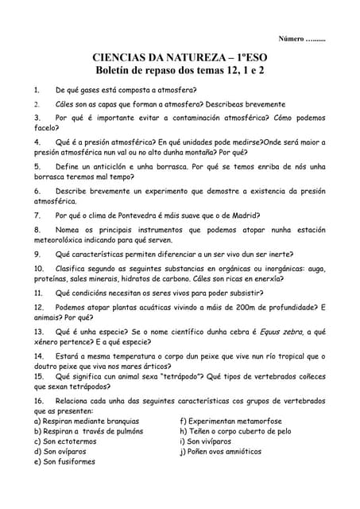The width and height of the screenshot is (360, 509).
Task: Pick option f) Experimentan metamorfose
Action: (231, 422)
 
